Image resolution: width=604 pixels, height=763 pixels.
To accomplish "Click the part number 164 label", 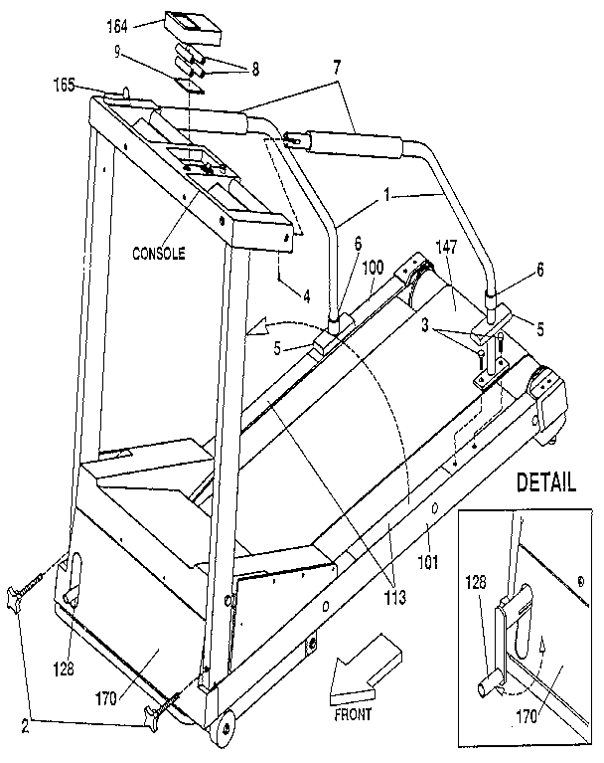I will (146, 26).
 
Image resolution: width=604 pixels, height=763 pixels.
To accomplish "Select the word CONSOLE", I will (159, 253).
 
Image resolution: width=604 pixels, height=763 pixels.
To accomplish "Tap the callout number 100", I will (373, 268).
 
